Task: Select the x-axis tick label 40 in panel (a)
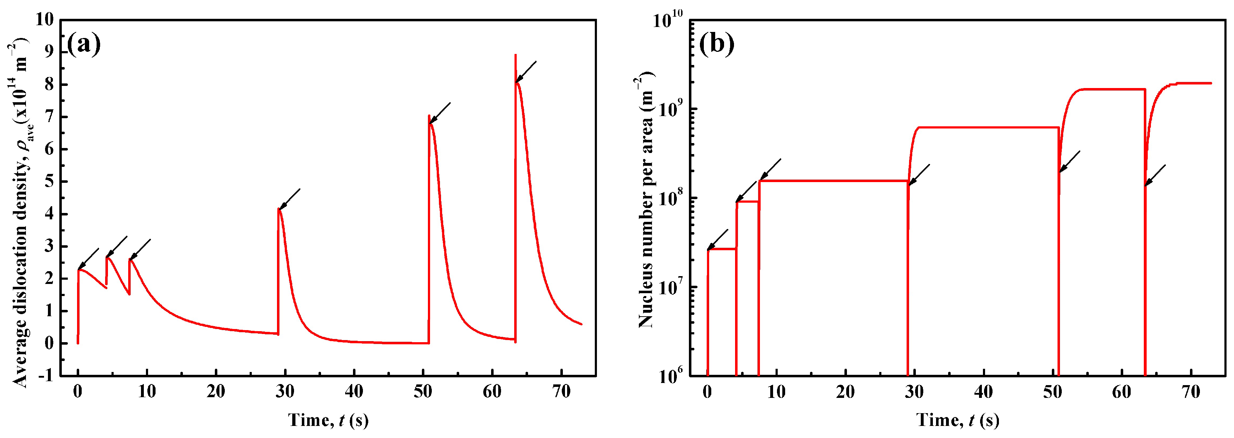[354, 391]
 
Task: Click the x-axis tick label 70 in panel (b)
[1191, 391]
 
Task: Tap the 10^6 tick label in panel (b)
[670, 376]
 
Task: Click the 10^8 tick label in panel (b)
[670, 197]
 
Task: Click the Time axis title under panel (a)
[328, 420]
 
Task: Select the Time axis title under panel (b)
[958, 420]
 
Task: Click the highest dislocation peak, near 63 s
[516, 55]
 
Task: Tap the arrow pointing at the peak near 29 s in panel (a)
[290, 199]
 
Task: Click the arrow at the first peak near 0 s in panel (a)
[89, 258]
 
